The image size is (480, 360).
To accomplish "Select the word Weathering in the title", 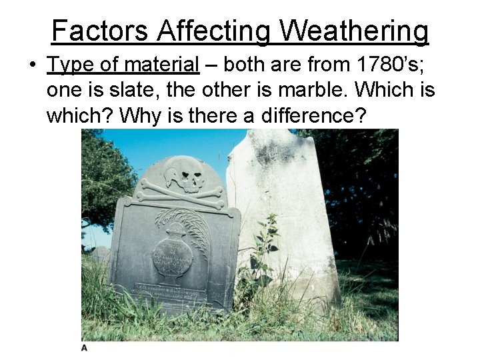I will point(354,31).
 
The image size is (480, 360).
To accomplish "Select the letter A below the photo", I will point(85,348).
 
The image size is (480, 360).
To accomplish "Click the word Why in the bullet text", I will point(137,116).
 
